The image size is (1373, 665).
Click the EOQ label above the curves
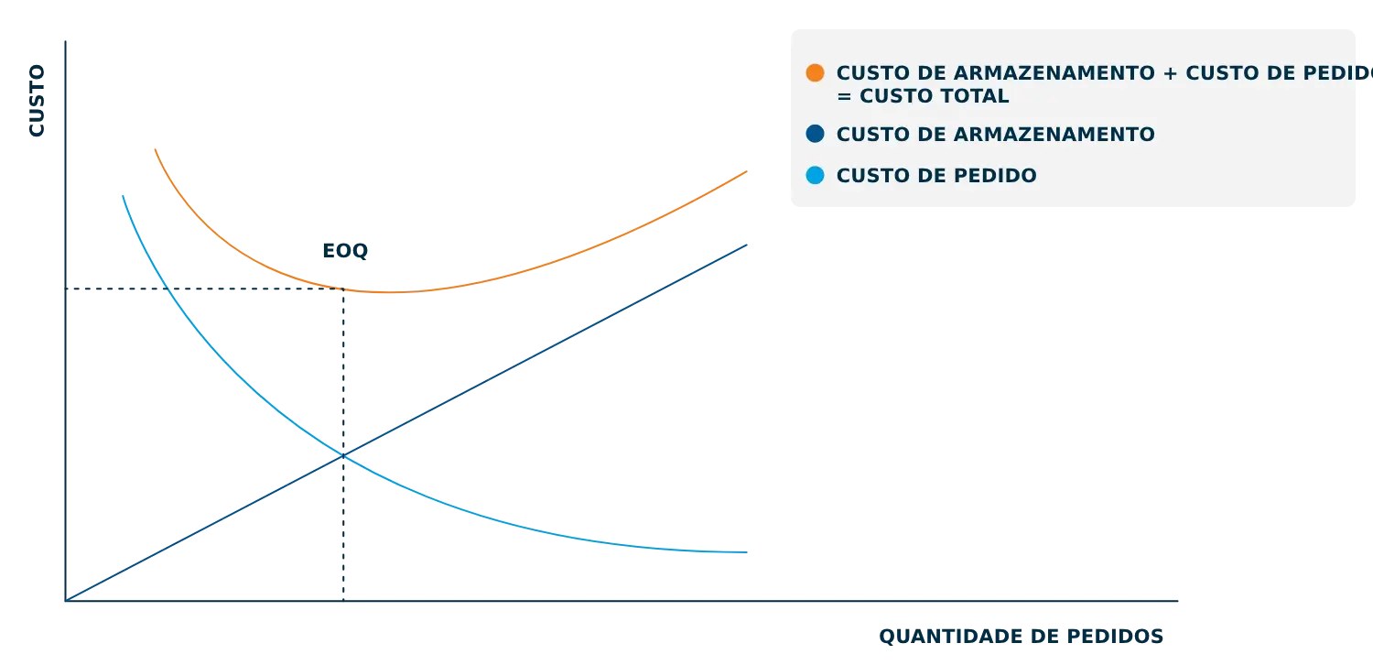point(346,252)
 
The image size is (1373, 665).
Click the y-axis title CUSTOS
point(37,99)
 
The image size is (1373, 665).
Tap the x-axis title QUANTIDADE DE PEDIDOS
point(1021,636)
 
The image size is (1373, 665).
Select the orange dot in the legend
point(815,73)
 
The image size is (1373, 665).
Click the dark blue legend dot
point(815,135)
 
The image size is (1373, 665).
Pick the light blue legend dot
point(815,175)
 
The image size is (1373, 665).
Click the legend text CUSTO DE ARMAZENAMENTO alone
point(995,135)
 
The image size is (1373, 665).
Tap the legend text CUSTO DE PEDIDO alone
point(936,176)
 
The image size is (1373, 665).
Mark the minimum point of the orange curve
point(384,292)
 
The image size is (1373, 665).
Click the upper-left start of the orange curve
point(157,149)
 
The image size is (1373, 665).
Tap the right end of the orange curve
point(751,171)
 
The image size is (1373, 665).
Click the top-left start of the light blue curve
point(120,193)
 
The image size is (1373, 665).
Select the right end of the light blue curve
point(751,552)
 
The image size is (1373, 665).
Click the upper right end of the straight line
point(751,245)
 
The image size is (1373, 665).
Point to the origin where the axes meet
point(67,601)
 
